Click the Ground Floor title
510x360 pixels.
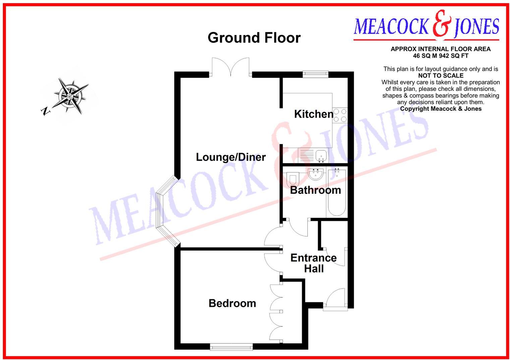click(254, 38)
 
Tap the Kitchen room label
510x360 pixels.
click(314, 114)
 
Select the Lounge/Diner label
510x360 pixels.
click(231, 157)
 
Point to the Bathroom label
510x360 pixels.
click(315, 190)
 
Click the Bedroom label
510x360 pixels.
click(232, 303)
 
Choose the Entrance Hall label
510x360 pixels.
click(314, 263)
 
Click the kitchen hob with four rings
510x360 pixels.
click(340, 115)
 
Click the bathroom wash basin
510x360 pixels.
click(316, 174)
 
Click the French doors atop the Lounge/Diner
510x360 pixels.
click(231, 67)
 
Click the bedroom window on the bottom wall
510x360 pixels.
click(231, 347)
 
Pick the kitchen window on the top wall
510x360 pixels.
click(315, 74)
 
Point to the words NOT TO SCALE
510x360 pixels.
click(441, 76)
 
